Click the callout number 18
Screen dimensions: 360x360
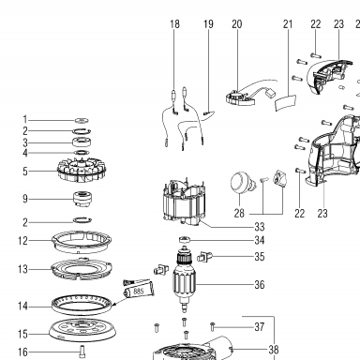[x=175, y=24]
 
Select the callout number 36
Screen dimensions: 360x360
[x=260, y=285]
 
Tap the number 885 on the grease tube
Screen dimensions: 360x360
[x=139, y=292]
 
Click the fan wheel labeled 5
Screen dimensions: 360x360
[x=82, y=170]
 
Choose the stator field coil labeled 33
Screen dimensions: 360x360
[x=185, y=202]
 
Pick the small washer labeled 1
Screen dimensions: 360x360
[x=82, y=120]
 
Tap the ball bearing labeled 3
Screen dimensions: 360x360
[x=82, y=142]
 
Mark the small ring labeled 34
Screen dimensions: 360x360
[x=185, y=240]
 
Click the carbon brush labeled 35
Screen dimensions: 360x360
[x=204, y=257]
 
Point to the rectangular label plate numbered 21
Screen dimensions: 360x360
[x=286, y=102]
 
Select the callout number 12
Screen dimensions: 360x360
[x=22, y=241]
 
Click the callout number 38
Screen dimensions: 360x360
[x=274, y=350]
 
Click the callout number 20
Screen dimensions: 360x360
[x=237, y=24]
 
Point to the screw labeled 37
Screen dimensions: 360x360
[x=213, y=327]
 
